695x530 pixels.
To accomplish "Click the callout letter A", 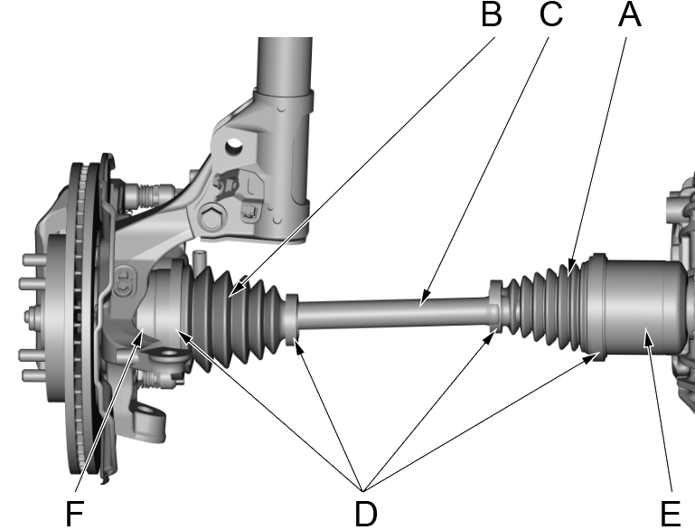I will (x=630, y=15).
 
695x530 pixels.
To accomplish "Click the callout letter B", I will (x=491, y=15).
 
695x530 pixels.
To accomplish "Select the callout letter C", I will (x=549, y=15).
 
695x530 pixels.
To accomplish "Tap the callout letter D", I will (x=365, y=513).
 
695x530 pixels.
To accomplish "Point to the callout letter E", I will (x=670, y=513).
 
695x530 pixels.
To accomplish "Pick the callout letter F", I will (x=77, y=513).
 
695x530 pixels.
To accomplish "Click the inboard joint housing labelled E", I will (x=633, y=302).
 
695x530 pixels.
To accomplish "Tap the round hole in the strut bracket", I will (x=233, y=142).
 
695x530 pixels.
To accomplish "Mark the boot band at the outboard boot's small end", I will (x=290, y=319).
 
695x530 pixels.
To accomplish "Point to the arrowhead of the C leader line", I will (x=423, y=296).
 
